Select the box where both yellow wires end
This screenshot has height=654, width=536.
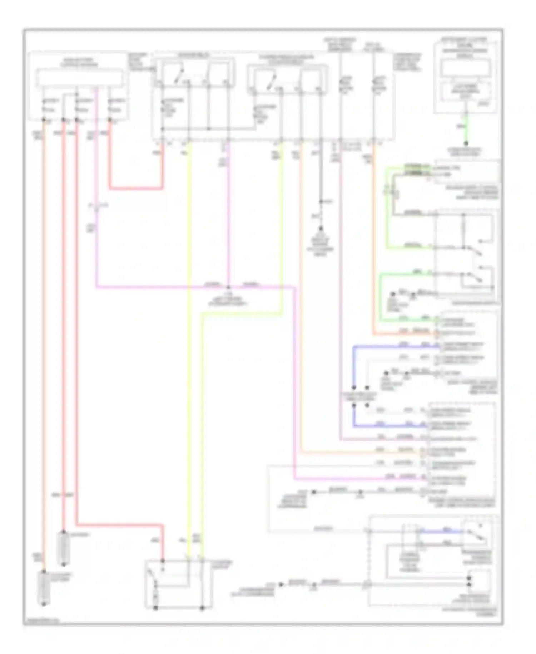coord(178,584)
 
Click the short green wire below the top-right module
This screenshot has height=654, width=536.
coord(466,129)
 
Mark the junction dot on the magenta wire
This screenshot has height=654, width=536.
coord(228,287)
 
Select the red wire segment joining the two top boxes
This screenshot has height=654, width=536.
coord(136,188)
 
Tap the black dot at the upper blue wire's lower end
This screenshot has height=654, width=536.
coord(354,387)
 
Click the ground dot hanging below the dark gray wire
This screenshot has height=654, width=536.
coord(321,228)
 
